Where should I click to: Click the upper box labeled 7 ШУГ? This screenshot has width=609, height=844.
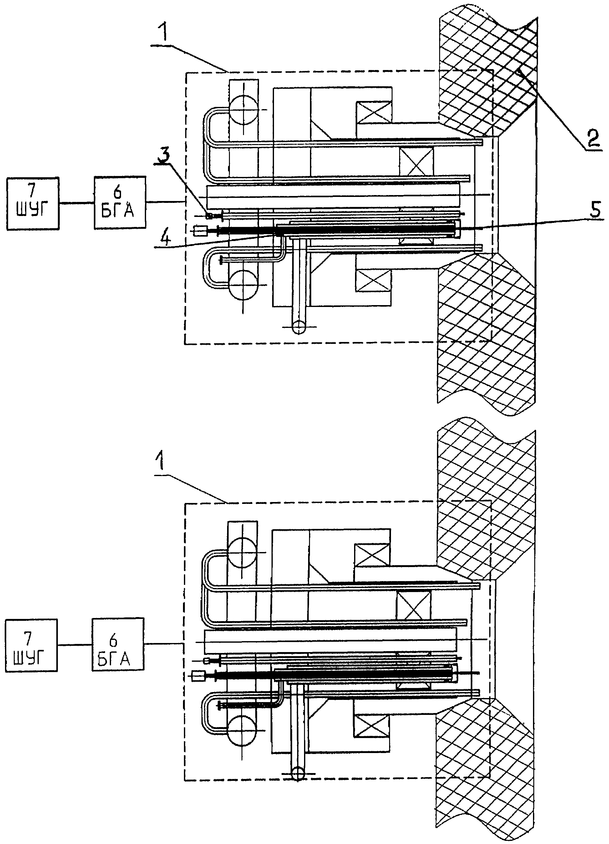pos(33,203)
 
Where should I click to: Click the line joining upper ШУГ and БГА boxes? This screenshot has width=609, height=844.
pos(76,203)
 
